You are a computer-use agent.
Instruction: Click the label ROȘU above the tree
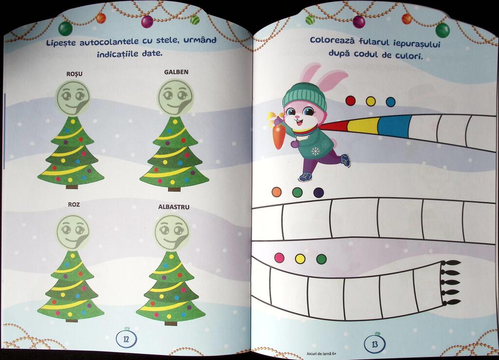pyautogui.click(x=75, y=74)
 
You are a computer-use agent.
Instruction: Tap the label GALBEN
pyautogui.click(x=176, y=72)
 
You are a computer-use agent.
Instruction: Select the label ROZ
pyautogui.click(x=74, y=205)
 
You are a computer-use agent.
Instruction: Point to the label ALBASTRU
pyautogui.click(x=174, y=207)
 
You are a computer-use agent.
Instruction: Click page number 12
pyautogui.click(x=126, y=339)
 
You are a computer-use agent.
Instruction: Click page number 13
pyautogui.click(x=375, y=344)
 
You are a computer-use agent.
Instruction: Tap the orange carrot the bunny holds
pyautogui.click(x=278, y=136)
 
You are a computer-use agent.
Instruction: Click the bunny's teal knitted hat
pyautogui.click(x=305, y=96)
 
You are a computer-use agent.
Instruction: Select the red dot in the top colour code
pyautogui.click(x=350, y=101)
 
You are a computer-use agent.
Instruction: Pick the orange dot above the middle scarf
pyautogui.click(x=277, y=192)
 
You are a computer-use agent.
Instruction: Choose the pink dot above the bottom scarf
pyautogui.click(x=279, y=258)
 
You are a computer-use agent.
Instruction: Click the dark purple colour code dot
pyautogui.click(x=319, y=192)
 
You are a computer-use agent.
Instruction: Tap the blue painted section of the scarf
pyautogui.click(x=393, y=127)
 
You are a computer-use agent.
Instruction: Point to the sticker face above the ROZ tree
pyautogui.click(x=73, y=232)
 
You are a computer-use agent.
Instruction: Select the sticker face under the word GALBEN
pyautogui.click(x=175, y=97)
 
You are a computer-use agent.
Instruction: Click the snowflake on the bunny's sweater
pyautogui.click(x=315, y=151)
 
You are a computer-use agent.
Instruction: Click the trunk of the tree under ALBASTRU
pyautogui.click(x=171, y=323)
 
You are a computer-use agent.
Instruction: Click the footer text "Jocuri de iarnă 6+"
pyautogui.click(x=322, y=353)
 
